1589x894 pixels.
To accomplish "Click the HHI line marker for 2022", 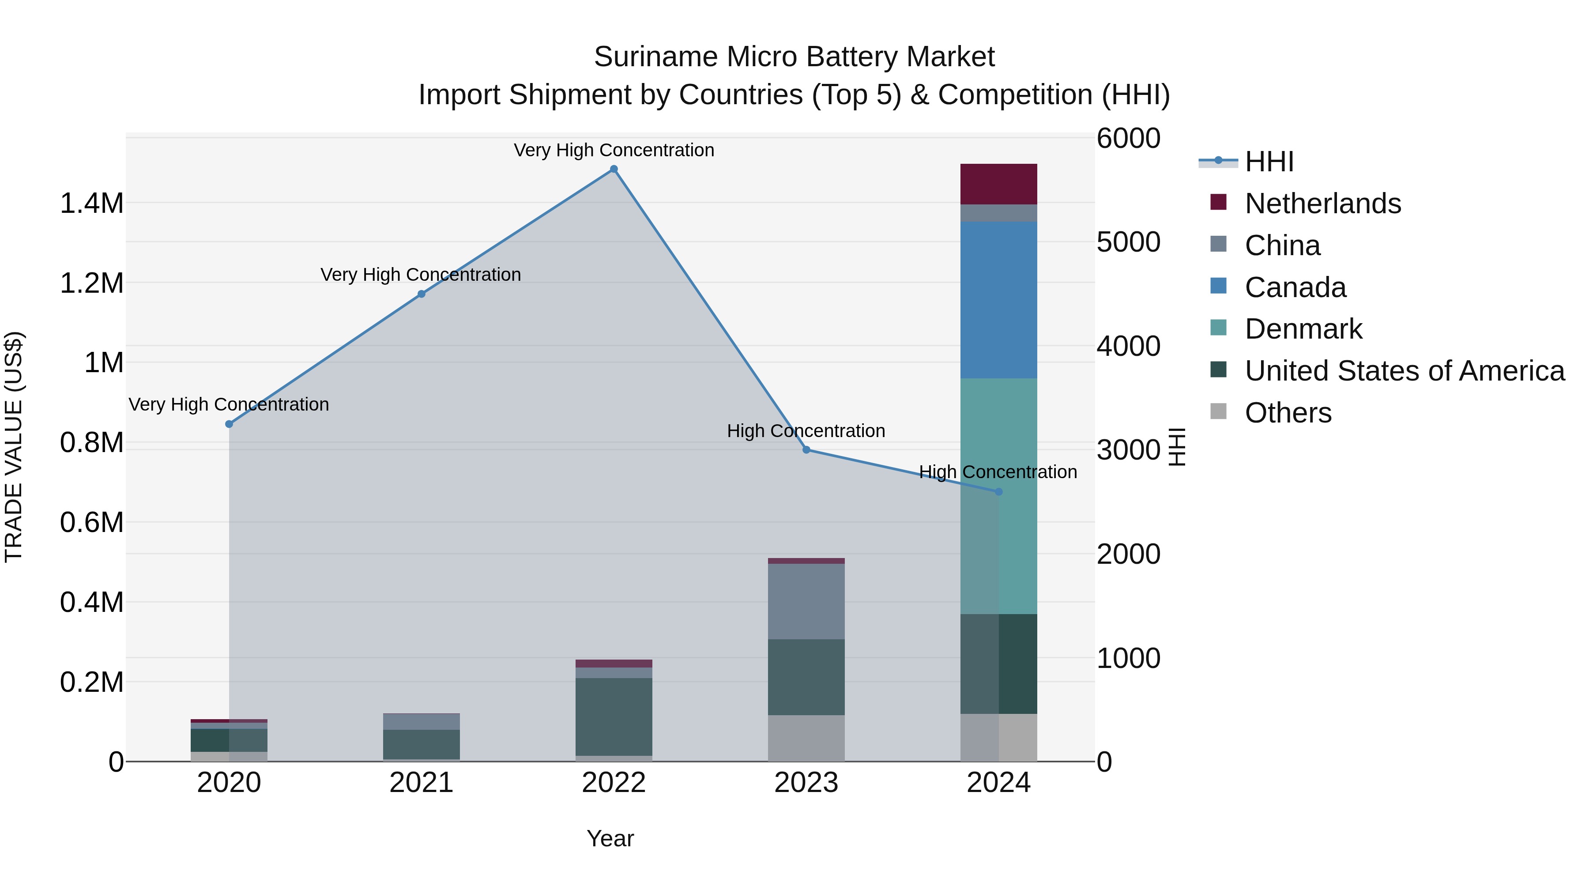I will click(x=614, y=169).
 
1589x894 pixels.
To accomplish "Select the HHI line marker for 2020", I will click(x=229, y=424).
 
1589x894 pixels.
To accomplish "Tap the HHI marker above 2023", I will click(x=806, y=450).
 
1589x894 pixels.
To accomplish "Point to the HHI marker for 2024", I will click(x=999, y=492).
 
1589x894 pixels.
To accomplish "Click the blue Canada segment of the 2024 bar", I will click(x=999, y=300).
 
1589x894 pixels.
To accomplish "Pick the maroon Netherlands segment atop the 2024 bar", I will click(x=999, y=184).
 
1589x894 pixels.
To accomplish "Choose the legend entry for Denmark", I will click(x=1303, y=329).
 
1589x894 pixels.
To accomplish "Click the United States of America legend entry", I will click(x=1404, y=371).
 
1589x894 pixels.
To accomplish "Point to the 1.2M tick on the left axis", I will click(x=91, y=283).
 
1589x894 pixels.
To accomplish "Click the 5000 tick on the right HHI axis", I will click(x=1128, y=242).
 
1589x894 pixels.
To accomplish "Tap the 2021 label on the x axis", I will click(x=422, y=783).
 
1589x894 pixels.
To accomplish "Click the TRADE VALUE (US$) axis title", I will click(x=14, y=447).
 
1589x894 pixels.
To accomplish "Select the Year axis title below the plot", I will click(x=610, y=838).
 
